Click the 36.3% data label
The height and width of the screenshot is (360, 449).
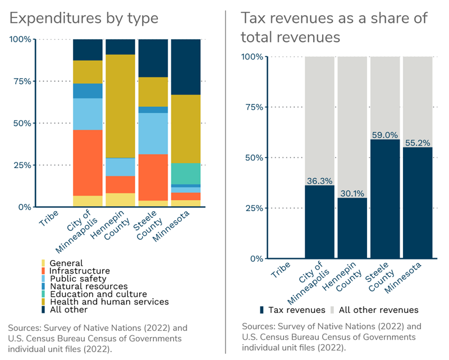tap(320, 180)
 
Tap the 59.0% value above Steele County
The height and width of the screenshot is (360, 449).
tap(384, 135)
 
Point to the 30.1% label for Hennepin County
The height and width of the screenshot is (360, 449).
tap(352, 193)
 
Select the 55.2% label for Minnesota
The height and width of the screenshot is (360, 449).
tap(417, 142)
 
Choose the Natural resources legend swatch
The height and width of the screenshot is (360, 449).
tap(43, 286)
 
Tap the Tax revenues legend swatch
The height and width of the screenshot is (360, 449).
tap(262, 310)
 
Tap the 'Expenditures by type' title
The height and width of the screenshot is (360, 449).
tap(84, 18)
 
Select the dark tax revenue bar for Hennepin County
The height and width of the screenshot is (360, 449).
tap(352, 227)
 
